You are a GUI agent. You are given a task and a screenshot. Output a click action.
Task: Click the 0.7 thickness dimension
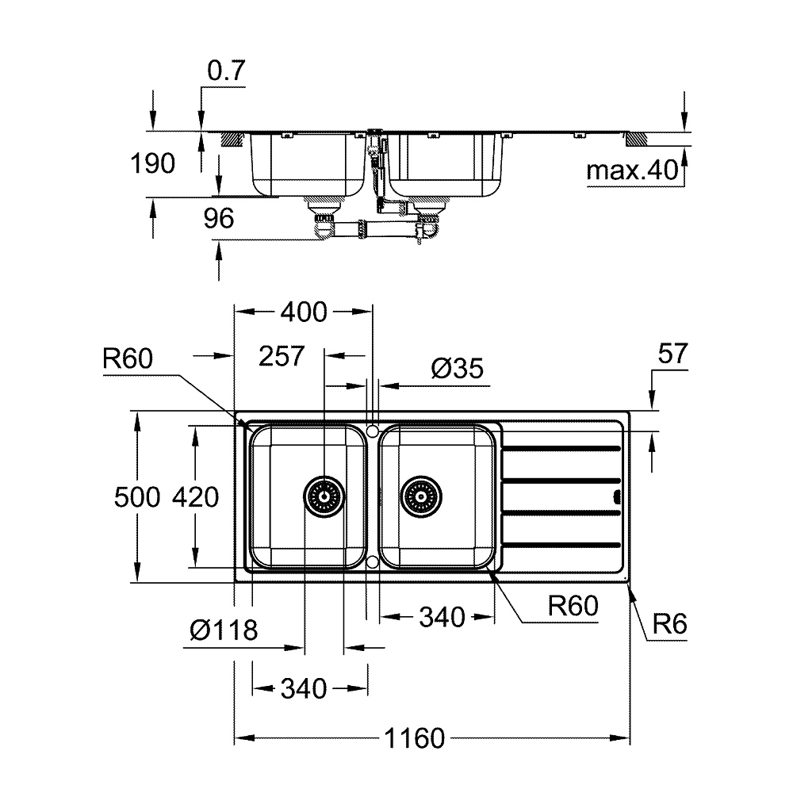coord(226,71)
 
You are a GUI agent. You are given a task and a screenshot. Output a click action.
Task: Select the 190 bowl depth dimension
coord(154,164)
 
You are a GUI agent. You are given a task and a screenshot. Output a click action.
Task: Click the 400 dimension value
coord(304,312)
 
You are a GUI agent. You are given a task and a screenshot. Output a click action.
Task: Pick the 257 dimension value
coord(282,356)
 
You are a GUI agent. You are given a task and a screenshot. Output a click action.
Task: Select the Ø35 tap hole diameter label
coord(457,368)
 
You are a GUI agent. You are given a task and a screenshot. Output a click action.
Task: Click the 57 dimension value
coord(673,354)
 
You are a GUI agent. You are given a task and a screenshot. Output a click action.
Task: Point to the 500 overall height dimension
coord(136,497)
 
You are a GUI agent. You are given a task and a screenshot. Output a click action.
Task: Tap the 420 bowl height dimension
coord(193,497)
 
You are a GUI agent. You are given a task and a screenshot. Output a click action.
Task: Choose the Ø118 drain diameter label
coord(224,630)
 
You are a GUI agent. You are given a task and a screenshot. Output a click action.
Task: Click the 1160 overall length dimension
coord(415,738)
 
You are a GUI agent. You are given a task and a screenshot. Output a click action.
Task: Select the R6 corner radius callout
coord(669,625)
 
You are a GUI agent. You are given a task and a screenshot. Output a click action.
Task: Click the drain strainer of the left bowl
coord(324,497)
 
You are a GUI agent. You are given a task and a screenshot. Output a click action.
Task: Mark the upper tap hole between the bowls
coord(373,431)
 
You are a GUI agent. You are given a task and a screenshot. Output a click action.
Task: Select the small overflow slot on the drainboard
coord(616,497)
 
